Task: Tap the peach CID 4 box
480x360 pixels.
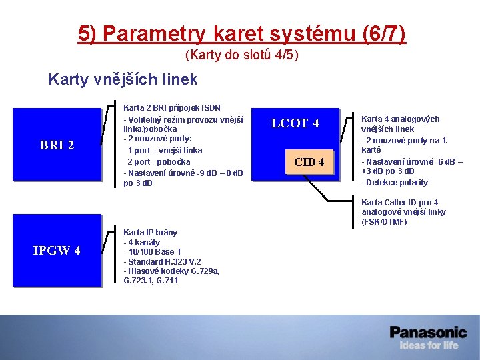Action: pos(309,162)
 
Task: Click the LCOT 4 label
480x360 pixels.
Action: pos(295,123)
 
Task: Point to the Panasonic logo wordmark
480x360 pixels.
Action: pos(428,331)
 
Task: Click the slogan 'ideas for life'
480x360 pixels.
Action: pos(429,345)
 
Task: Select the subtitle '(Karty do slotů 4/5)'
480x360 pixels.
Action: pos(241,54)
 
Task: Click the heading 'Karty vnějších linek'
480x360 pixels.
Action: pos(123,80)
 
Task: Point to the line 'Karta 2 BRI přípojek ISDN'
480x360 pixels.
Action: pos(172,107)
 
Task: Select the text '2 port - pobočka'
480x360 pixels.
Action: pos(159,161)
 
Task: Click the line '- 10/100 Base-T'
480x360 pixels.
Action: pos(153,251)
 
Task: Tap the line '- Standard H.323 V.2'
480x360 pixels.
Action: pos(162,261)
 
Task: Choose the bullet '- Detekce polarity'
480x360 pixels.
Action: pos(395,182)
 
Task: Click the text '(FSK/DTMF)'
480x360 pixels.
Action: pos(384,221)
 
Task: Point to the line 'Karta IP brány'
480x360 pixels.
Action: pos(150,233)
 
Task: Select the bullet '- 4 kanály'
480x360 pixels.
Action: pos(142,242)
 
